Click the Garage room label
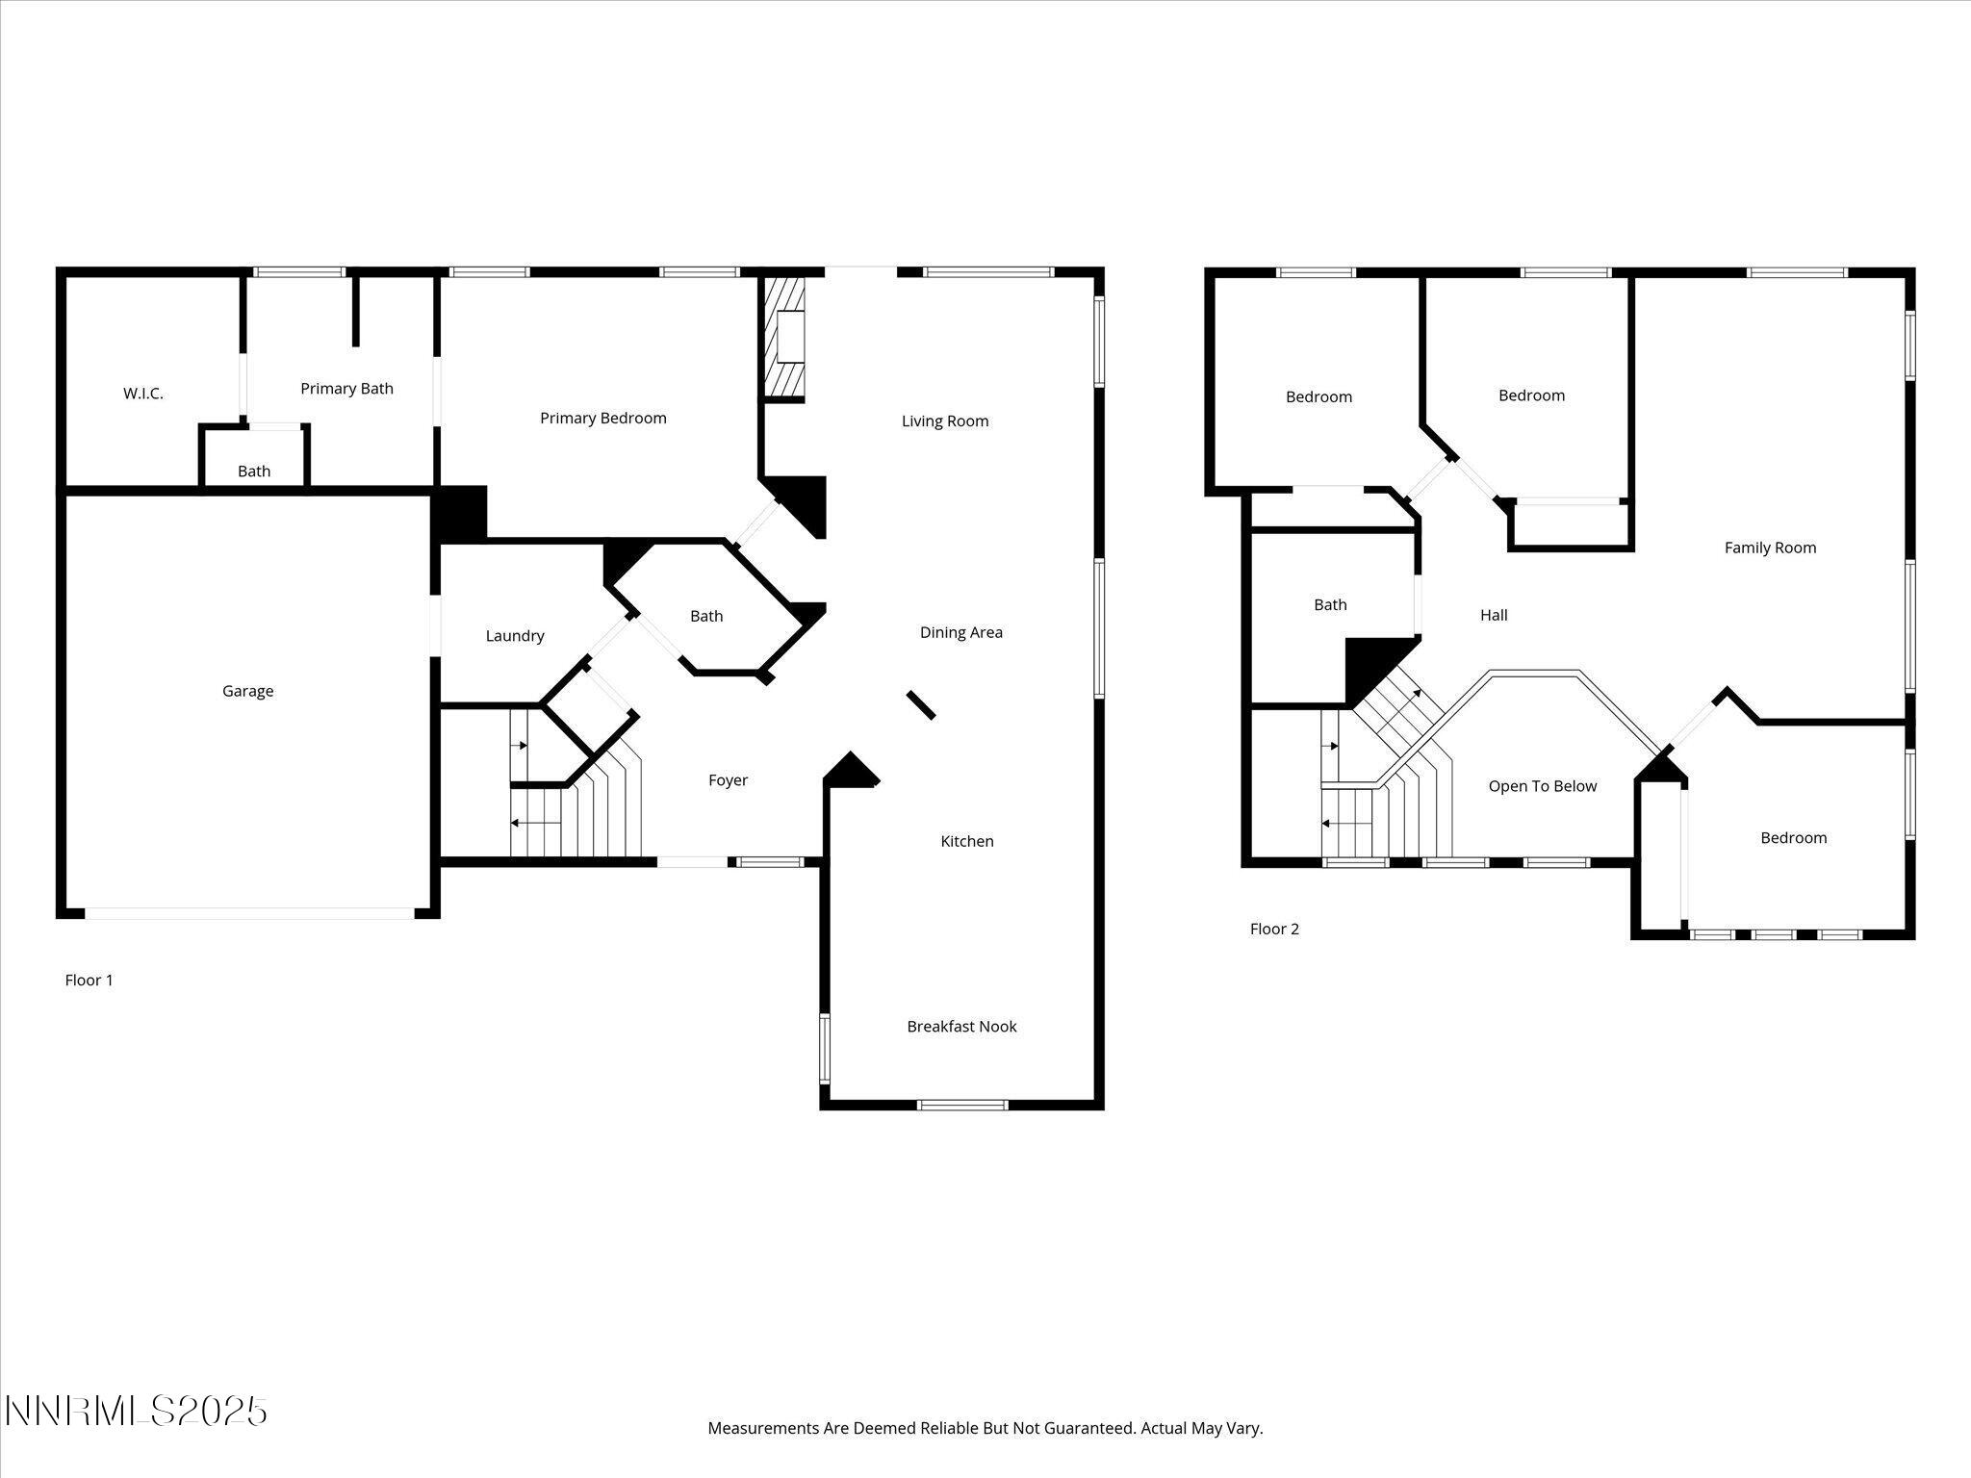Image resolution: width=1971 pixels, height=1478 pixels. [247, 691]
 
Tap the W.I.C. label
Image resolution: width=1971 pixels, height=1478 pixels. [142, 393]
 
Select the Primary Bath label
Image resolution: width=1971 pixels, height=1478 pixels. [346, 388]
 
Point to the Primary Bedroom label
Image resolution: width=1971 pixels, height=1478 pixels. [602, 418]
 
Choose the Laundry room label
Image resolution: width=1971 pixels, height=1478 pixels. [515, 635]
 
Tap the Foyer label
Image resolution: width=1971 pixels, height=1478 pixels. [728, 779]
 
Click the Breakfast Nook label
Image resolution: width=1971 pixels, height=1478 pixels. [961, 1026]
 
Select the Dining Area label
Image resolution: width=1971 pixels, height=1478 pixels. [960, 632]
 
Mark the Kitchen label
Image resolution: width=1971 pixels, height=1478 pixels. [966, 841]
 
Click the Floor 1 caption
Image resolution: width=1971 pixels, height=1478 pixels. [89, 980]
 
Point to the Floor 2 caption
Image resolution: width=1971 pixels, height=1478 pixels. [1274, 929]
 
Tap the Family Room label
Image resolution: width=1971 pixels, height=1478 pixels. [1770, 548]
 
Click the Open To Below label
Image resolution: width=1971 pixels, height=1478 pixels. [1542, 786]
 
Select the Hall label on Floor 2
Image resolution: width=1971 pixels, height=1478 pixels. [1494, 615]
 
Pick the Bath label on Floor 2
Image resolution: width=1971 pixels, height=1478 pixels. [1330, 604]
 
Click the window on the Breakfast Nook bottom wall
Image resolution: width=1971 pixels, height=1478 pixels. [962, 1105]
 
